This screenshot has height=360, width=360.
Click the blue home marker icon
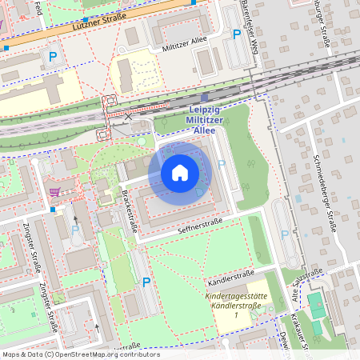pos(180,173)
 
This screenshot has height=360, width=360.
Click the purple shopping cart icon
pos(55,191)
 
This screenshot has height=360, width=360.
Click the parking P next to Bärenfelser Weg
pos(236,34)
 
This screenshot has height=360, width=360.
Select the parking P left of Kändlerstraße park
pos(146,282)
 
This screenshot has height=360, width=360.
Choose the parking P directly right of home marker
pos(222,164)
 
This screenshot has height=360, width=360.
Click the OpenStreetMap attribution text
pos(80,354)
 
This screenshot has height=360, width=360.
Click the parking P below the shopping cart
pos(75,230)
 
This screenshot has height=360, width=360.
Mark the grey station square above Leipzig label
pos(204,98)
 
